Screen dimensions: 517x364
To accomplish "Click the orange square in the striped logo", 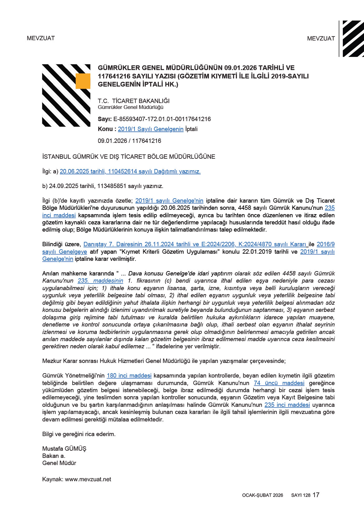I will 83,81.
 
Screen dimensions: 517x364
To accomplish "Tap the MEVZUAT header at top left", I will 41,38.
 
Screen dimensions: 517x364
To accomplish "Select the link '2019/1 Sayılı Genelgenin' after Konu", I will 150,129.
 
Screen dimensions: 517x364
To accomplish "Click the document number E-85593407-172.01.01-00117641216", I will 162,119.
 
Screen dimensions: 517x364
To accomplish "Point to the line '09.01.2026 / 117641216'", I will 129,141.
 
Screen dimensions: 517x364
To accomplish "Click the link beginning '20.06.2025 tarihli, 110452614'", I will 130,172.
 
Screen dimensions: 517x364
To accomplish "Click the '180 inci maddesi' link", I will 129,376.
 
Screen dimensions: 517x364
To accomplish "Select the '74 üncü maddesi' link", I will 279,383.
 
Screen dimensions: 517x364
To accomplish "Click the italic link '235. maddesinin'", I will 100,281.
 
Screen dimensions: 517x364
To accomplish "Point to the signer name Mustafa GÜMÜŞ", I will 64,449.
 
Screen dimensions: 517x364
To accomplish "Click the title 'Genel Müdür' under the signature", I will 59,463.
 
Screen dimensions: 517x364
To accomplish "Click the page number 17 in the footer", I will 316,495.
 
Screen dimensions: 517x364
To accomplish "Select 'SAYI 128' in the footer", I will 301,495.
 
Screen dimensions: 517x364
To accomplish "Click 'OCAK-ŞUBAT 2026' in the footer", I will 262,495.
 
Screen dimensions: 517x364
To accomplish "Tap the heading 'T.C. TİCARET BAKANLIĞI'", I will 134,101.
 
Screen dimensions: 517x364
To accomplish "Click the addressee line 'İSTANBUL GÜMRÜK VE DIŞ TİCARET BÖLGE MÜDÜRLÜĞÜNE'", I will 129,157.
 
